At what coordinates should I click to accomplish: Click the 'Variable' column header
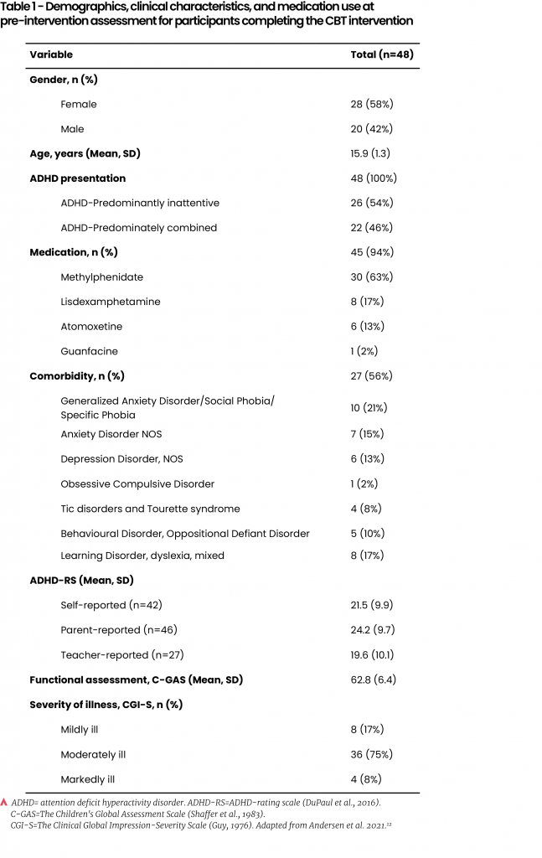point(51,54)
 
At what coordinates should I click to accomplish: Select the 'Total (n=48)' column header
point(381,54)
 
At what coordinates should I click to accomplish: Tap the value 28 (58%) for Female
point(371,104)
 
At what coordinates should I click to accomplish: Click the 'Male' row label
point(72,129)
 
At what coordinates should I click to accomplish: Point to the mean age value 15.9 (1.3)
point(370,153)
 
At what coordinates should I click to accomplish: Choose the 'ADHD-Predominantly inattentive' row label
point(140,203)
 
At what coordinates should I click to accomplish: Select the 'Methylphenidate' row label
point(101,277)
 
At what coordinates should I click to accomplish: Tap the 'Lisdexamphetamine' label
point(111,302)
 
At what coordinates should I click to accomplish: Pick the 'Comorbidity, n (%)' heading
point(77,375)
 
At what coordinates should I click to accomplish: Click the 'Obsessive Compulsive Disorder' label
point(137,483)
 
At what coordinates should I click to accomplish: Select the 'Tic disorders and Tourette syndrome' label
point(150,509)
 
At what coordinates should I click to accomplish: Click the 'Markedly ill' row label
point(87,779)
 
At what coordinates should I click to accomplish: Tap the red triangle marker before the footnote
point(4,803)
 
